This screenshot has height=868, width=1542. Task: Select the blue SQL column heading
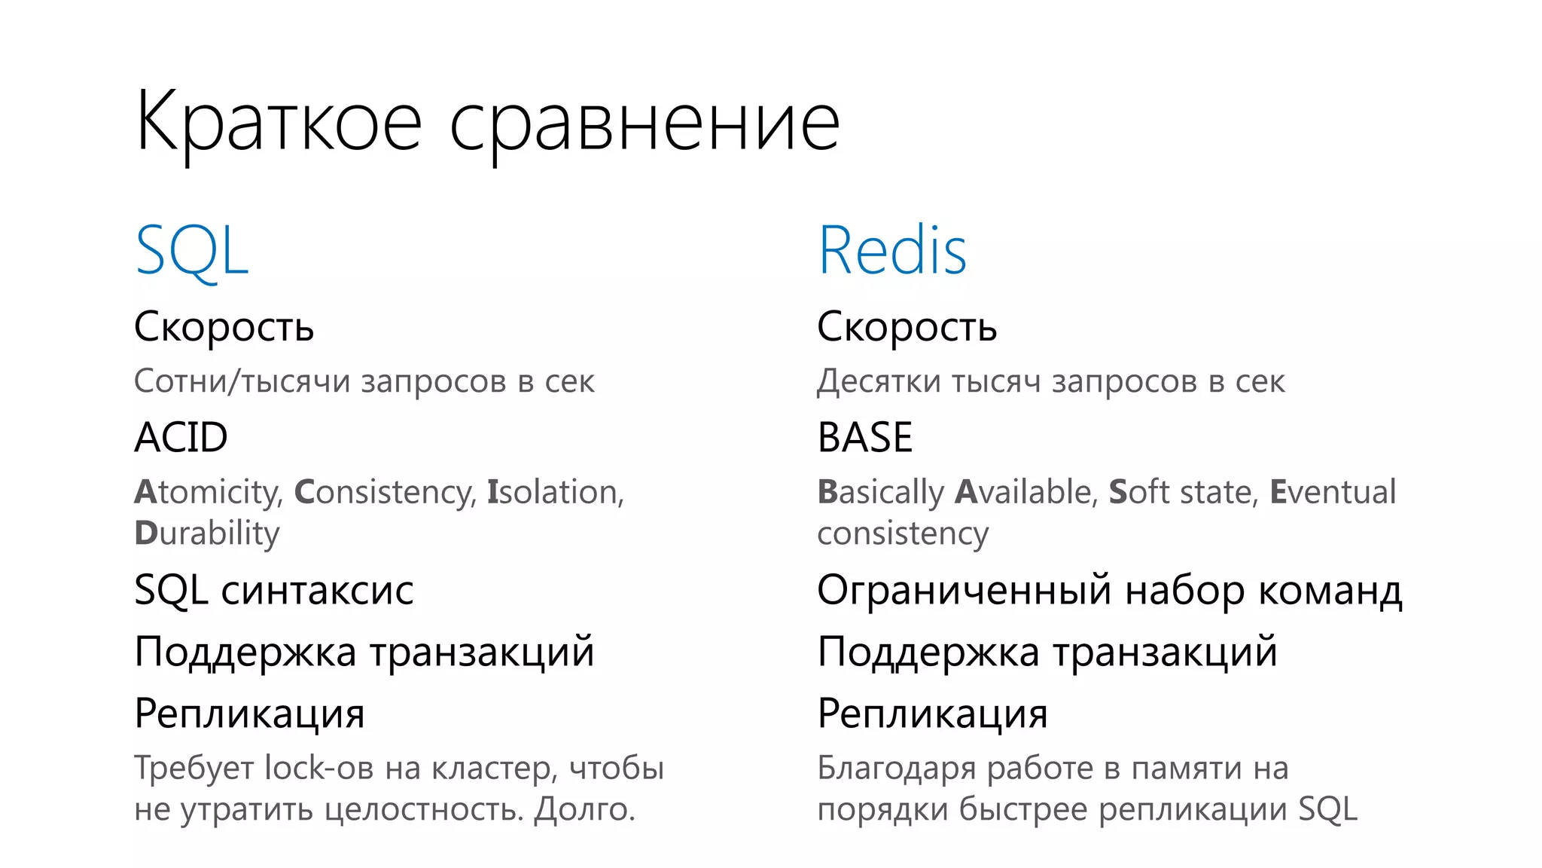[191, 251]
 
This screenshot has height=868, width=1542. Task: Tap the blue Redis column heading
[892, 251]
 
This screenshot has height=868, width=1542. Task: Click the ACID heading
[181, 437]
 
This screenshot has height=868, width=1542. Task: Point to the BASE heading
[865, 437]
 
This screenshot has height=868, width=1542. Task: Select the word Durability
[207, 533]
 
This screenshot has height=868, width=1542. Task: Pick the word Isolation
[555, 492]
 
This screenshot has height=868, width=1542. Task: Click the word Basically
[880, 492]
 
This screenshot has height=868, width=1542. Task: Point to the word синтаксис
[317, 590]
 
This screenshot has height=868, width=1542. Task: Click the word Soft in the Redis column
[1138, 492]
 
